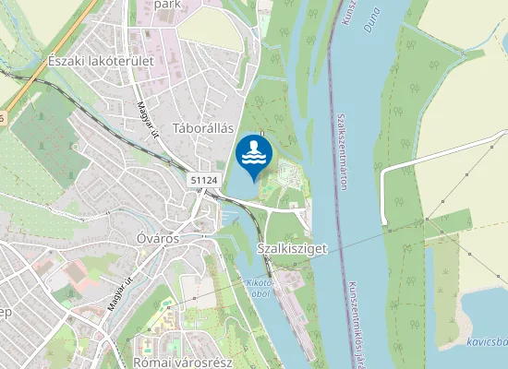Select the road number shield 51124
(x=204, y=181)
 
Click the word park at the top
(x=167, y=5)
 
